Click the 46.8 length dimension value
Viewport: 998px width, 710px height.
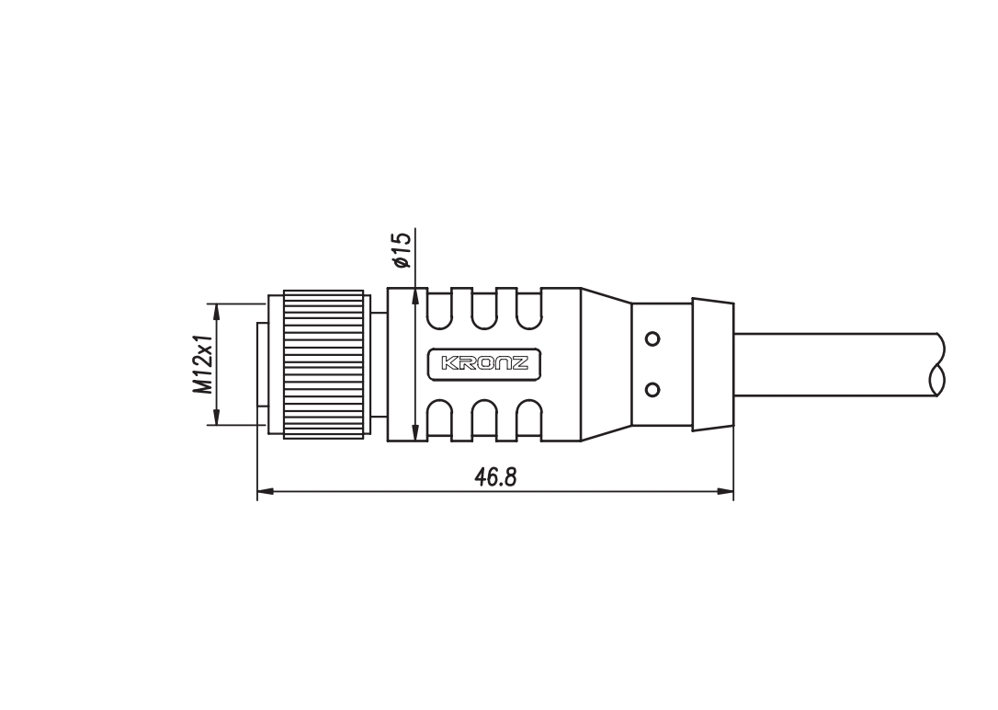pyautogui.click(x=496, y=476)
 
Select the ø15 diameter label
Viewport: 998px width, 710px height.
pyautogui.click(x=402, y=249)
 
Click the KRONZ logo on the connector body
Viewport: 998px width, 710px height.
pyautogui.click(x=484, y=363)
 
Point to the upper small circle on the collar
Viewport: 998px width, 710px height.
pyautogui.click(x=652, y=338)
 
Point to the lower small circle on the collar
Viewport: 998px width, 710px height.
pyautogui.click(x=652, y=388)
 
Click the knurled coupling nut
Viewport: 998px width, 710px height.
pyautogui.click(x=323, y=364)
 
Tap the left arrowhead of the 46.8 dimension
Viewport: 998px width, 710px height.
pyautogui.click(x=266, y=491)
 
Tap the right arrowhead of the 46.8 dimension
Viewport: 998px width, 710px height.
pyautogui.click(x=725, y=491)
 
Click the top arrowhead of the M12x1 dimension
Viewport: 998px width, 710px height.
pyautogui.click(x=217, y=312)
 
